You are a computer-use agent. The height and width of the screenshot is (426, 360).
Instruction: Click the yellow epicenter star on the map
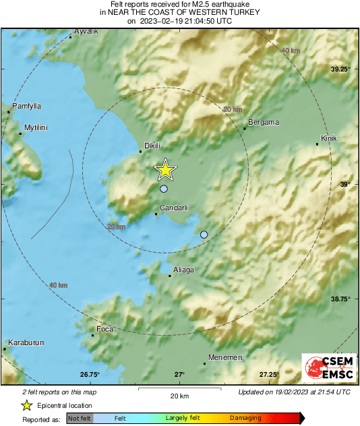pos(165,171)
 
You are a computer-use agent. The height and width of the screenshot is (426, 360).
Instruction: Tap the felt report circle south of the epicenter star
pos(163,189)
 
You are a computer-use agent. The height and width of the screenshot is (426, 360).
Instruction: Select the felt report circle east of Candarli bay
pos(204,235)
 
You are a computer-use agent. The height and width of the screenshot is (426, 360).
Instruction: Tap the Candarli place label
pos(173,208)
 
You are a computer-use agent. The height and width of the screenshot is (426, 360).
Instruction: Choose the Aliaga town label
pos(183,270)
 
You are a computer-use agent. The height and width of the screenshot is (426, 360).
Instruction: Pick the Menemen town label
pos(225,357)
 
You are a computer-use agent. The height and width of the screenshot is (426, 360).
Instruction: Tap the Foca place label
pos(105,329)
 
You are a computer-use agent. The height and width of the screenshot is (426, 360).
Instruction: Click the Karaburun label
pos(26,342)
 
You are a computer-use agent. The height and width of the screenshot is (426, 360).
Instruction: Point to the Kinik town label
pos(328,138)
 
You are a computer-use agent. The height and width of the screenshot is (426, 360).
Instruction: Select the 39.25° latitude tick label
pos(340,69)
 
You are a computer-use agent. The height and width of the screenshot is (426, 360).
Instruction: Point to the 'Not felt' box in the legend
pos(80,419)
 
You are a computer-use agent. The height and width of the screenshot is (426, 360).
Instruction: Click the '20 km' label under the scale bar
pos(179,395)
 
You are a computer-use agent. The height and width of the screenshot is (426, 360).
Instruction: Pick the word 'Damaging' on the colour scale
pos(246,419)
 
